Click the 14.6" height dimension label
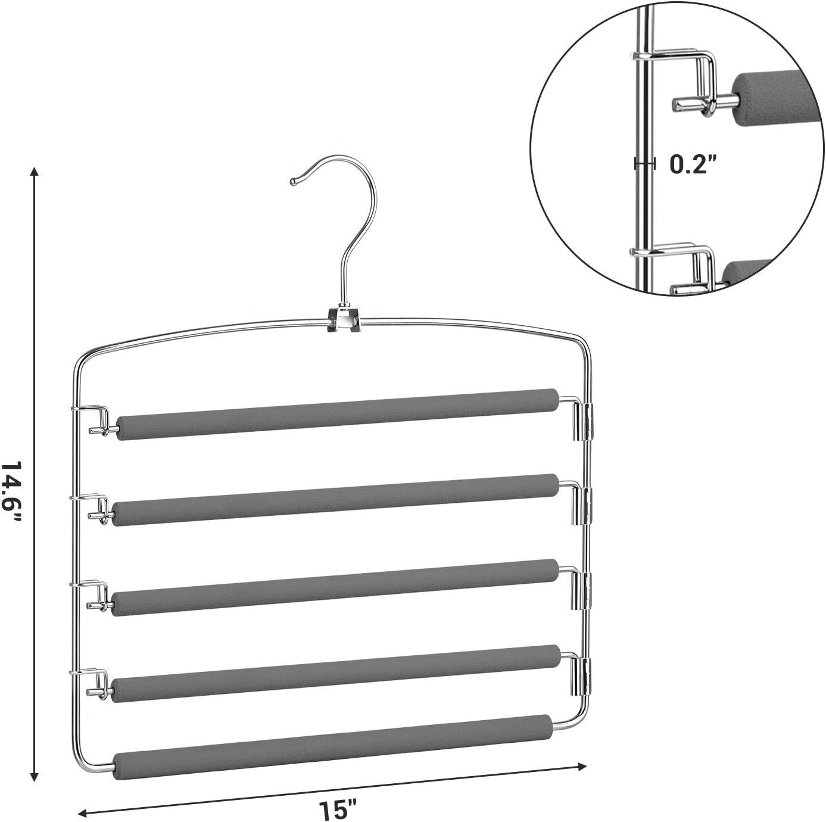click(x=11, y=492)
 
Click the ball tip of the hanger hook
click(x=294, y=182)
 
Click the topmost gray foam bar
click(x=338, y=414)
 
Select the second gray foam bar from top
click(x=335, y=500)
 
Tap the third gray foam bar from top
click(x=335, y=587)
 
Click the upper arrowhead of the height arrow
click(x=35, y=171)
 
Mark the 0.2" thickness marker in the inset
click(x=645, y=163)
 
